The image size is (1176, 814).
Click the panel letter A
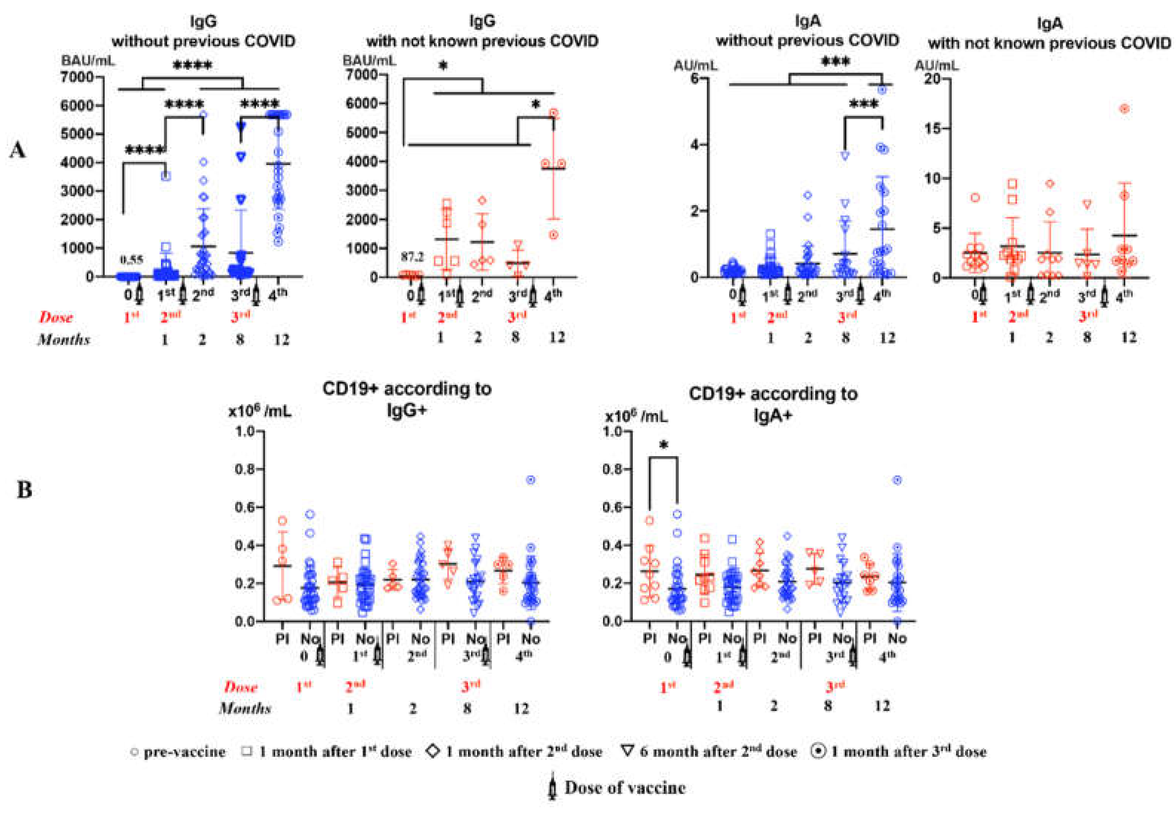[x=18, y=151]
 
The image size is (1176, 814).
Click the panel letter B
[x=24, y=490]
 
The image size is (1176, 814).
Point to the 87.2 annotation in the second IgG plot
[x=412, y=258]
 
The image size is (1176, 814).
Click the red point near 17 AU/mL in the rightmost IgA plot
[x=1124, y=109]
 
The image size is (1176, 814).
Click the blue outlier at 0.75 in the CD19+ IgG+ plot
[x=531, y=480]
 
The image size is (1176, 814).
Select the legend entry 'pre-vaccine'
[x=178, y=752]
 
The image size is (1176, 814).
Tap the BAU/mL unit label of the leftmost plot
[x=88, y=61]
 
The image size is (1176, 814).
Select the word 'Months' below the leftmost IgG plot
[x=64, y=340]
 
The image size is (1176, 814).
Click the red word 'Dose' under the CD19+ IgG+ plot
[x=241, y=687]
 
